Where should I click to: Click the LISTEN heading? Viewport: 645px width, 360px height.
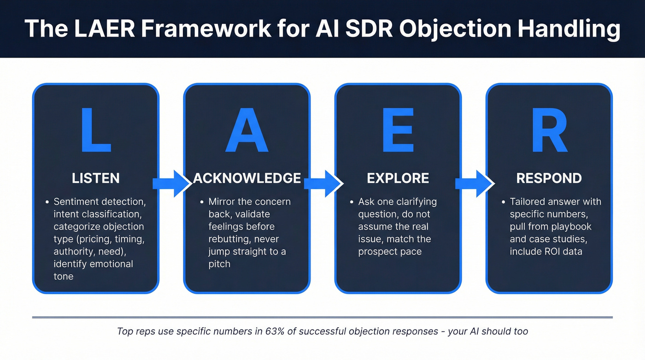coord(96,178)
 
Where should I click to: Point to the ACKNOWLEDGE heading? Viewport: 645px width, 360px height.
coord(247,178)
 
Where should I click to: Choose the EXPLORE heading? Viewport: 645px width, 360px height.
coord(398,178)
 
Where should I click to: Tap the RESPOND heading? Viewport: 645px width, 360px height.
coord(549,178)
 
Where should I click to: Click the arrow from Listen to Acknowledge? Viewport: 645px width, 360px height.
coord(171,183)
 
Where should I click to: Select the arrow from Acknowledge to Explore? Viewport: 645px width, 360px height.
coord(322,183)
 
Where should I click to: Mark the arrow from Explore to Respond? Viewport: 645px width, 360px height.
coord(474,183)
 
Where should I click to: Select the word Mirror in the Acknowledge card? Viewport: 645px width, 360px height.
coord(223,202)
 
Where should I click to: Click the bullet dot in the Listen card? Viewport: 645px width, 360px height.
coord(47,202)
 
